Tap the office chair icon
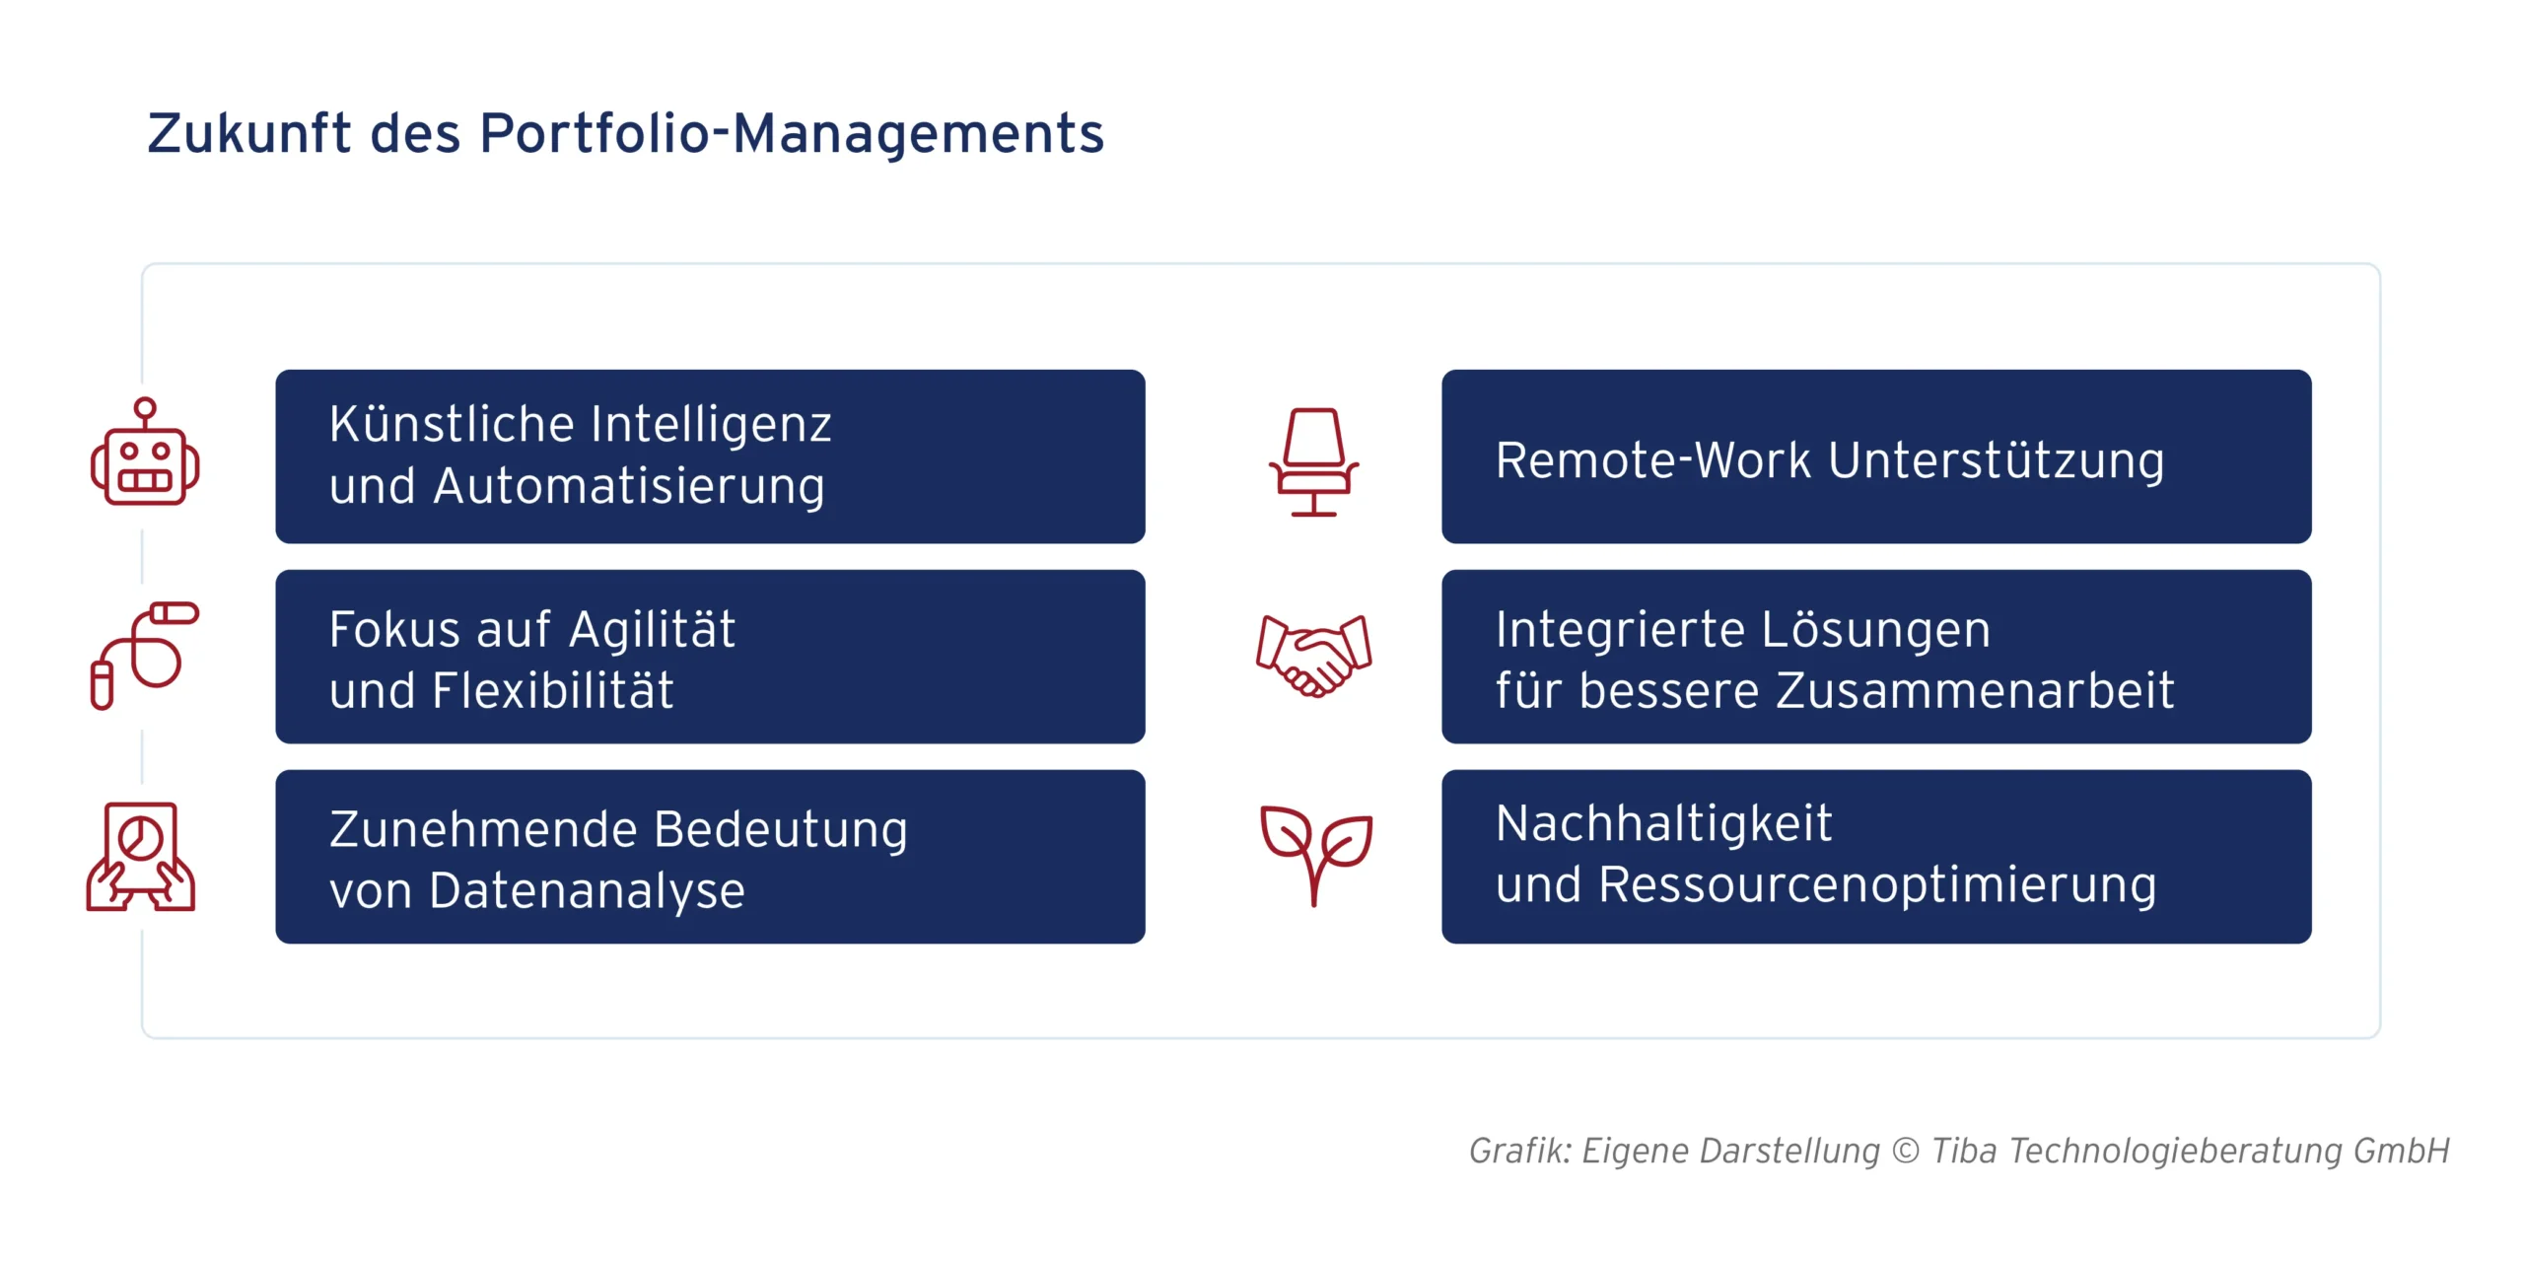[x=1313, y=461]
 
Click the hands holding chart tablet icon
[x=141, y=856]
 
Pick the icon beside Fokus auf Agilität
[x=145, y=655]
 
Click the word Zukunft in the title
[x=248, y=133]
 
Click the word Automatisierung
[x=629, y=486]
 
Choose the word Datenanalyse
[x=588, y=890]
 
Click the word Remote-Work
[x=1653, y=460]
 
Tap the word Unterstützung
[x=1997, y=460]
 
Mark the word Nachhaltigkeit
[x=1663, y=823]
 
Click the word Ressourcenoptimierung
[x=1877, y=884]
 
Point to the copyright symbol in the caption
[x=1906, y=1151]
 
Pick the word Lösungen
[x=1876, y=629]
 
